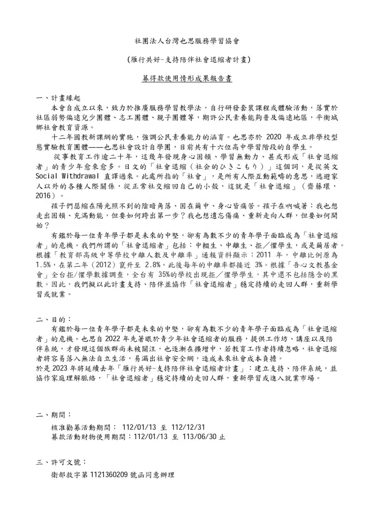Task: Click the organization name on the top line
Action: pos(187,42)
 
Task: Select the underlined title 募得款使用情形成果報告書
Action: pos(187,78)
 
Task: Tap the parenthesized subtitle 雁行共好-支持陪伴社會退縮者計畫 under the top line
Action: pos(187,60)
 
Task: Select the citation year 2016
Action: pos(44,196)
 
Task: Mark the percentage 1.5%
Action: pos(44,265)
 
